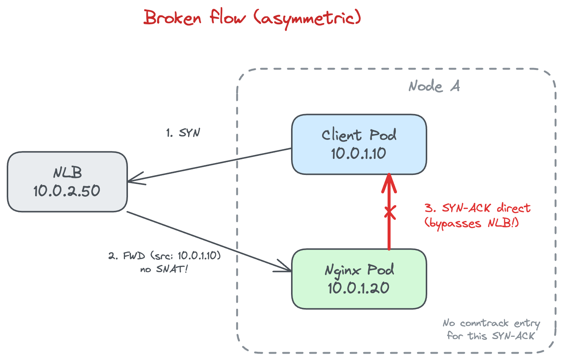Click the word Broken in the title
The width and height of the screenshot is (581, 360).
tap(172, 18)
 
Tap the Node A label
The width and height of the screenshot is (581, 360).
tap(434, 86)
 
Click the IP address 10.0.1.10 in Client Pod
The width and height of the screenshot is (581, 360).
tap(358, 154)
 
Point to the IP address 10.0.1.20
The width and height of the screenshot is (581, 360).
tap(358, 288)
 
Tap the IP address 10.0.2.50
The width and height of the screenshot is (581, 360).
tap(67, 191)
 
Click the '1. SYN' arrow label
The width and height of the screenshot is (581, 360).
tap(183, 133)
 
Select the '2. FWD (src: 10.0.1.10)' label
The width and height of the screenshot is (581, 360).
tap(165, 256)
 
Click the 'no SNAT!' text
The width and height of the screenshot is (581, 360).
tap(164, 269)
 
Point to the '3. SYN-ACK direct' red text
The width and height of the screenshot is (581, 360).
tap(478, 208)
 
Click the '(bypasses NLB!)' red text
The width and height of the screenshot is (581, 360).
tap(472, 224)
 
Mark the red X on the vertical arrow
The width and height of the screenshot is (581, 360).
tap(389, 213)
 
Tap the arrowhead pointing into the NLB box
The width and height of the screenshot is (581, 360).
tap(135, 179)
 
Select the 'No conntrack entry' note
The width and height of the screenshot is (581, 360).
tap(491, 323)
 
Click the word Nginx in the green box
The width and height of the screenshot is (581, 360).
tap(343, 270)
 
